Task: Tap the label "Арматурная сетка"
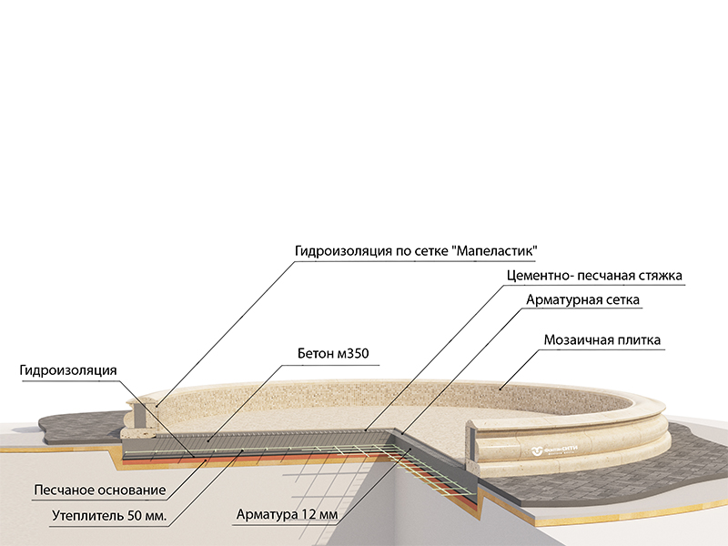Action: (583, 298)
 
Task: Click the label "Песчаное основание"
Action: (99, 490)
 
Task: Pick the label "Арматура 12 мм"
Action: (287, 514)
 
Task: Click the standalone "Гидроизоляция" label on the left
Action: (68, 370)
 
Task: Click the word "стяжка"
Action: (659, 274)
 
